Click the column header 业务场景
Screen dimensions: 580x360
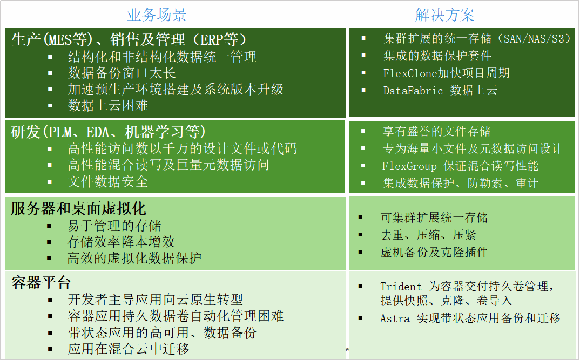click(x=157, y=15)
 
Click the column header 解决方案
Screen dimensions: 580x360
click(x=444, y=15)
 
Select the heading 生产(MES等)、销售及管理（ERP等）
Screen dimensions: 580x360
click(x=129, y=39)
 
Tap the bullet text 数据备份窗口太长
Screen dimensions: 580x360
click(x=122, y=73)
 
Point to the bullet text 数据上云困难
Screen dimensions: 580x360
click(x=108, y=105)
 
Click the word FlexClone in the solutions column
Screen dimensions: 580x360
click(x=410, y=73)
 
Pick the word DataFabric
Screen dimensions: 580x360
click(x=413, y=91)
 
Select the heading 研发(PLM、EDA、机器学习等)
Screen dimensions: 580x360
click(x=108, y=132)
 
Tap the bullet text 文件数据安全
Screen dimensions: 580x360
click(x=108, y=181)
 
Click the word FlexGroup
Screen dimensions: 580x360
click(x=409, y=166)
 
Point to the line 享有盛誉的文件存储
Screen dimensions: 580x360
click(x=437, y=131)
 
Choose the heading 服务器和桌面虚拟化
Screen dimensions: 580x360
click(x=78, y=208)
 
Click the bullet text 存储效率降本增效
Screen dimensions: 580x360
click(x=121, y=242)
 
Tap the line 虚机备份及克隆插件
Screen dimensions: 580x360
click(x=434, y=252)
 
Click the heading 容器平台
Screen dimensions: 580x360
click(x=41, y=282)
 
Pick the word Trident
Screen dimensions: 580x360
click(x=401, y=287)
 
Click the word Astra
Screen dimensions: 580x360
click(x=395, y=318)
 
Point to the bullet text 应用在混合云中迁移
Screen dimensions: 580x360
click(x=129, y=349)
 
